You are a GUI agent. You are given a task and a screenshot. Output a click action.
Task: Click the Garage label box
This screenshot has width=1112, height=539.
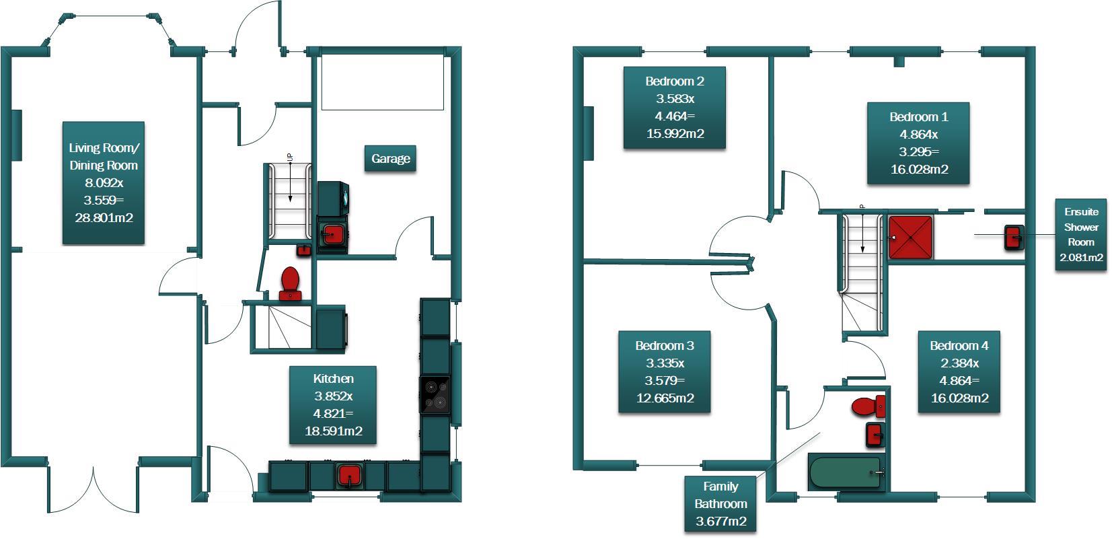click(x=390, y=159)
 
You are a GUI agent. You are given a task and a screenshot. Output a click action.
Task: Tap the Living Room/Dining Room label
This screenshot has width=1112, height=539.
click(x=104, y=183)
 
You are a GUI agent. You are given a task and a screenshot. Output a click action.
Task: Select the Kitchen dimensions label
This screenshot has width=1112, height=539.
click(x=333, y=405)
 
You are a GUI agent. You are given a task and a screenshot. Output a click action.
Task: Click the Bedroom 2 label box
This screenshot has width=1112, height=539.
click(x=675, y=108)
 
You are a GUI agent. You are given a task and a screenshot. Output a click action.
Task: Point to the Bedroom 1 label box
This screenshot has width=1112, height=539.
click(x=918, y=143)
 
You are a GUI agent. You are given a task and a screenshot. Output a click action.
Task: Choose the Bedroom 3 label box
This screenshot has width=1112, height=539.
click(x=665, y=371)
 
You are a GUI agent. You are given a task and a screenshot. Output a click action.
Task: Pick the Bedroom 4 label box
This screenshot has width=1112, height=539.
click(x=959, y=371)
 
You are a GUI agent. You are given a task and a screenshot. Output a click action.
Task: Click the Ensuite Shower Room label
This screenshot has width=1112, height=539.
click(x=1080, y=234)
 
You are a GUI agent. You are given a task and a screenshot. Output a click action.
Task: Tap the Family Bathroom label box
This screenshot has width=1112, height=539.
click(x=720, y=503)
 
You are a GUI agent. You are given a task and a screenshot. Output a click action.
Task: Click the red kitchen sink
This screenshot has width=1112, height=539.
click(x=349, y=475)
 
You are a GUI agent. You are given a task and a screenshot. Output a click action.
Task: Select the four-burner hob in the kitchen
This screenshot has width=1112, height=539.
click(x=435, y=395)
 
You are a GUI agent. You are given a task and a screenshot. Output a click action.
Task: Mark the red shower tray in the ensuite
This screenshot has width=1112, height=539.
click(x=911, y=238)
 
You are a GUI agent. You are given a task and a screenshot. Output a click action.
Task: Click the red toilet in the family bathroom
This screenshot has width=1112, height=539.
click(x=868, y=406)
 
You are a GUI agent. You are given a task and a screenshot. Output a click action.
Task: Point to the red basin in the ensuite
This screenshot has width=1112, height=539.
click(x=1014, y=238)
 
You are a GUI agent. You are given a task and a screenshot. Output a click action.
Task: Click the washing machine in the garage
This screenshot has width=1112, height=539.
click(x=333, y=199)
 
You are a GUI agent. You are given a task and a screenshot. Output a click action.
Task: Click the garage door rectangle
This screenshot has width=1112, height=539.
click(x=382, y=83)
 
